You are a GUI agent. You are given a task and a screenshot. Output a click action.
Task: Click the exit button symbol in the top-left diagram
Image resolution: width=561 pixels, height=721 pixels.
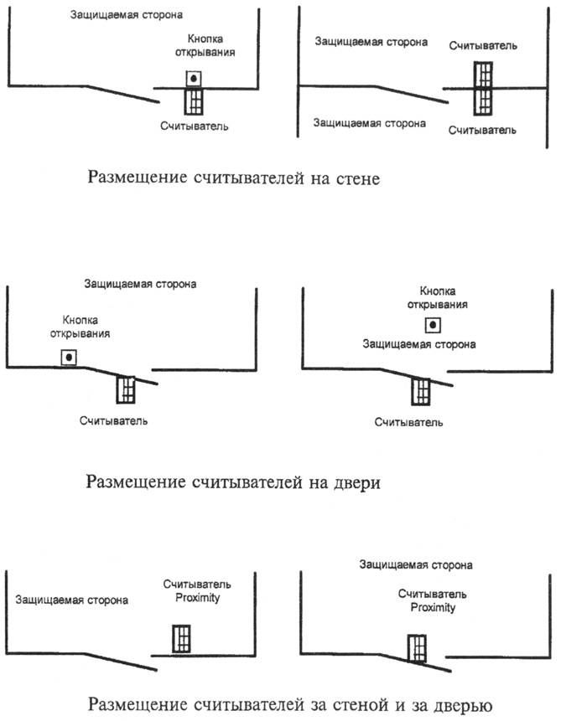194,79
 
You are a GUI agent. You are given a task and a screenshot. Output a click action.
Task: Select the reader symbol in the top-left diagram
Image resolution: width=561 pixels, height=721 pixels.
194,101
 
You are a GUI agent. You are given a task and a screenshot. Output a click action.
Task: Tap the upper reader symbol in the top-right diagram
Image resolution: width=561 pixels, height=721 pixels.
483,75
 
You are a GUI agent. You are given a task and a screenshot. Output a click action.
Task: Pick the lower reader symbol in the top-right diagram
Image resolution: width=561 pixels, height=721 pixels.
483,101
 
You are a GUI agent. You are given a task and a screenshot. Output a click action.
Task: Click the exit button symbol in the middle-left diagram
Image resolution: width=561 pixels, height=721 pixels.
69,358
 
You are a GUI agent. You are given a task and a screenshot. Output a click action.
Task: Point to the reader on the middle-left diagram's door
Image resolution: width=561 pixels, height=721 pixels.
126,390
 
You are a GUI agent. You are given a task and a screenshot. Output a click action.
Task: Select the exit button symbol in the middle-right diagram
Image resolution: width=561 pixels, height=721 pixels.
433,325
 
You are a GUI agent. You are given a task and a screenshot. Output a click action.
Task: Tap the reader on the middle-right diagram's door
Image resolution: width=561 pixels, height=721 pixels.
420,392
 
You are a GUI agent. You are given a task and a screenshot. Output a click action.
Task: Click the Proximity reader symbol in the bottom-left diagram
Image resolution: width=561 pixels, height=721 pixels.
181,638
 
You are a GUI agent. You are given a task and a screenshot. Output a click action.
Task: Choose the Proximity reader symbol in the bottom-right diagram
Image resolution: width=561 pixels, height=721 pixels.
417,648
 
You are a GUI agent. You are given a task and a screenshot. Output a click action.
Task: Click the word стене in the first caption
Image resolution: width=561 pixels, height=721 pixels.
358,178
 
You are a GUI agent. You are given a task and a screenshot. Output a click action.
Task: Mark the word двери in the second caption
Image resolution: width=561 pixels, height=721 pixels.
357,483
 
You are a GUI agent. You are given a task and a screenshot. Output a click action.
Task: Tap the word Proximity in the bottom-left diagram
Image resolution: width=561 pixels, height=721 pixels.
198,598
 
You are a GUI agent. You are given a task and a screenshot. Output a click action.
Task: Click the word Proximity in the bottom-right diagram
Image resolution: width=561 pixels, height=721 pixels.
433,608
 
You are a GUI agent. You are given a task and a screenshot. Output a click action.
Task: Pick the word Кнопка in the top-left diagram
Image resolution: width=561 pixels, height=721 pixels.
205,39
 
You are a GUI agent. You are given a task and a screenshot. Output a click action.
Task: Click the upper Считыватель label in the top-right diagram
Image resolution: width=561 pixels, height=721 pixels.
483,46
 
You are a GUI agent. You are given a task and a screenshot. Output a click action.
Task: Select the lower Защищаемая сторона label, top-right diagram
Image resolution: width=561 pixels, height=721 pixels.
370,123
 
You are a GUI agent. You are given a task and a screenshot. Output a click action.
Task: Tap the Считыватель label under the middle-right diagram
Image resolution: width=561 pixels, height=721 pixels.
408,423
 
